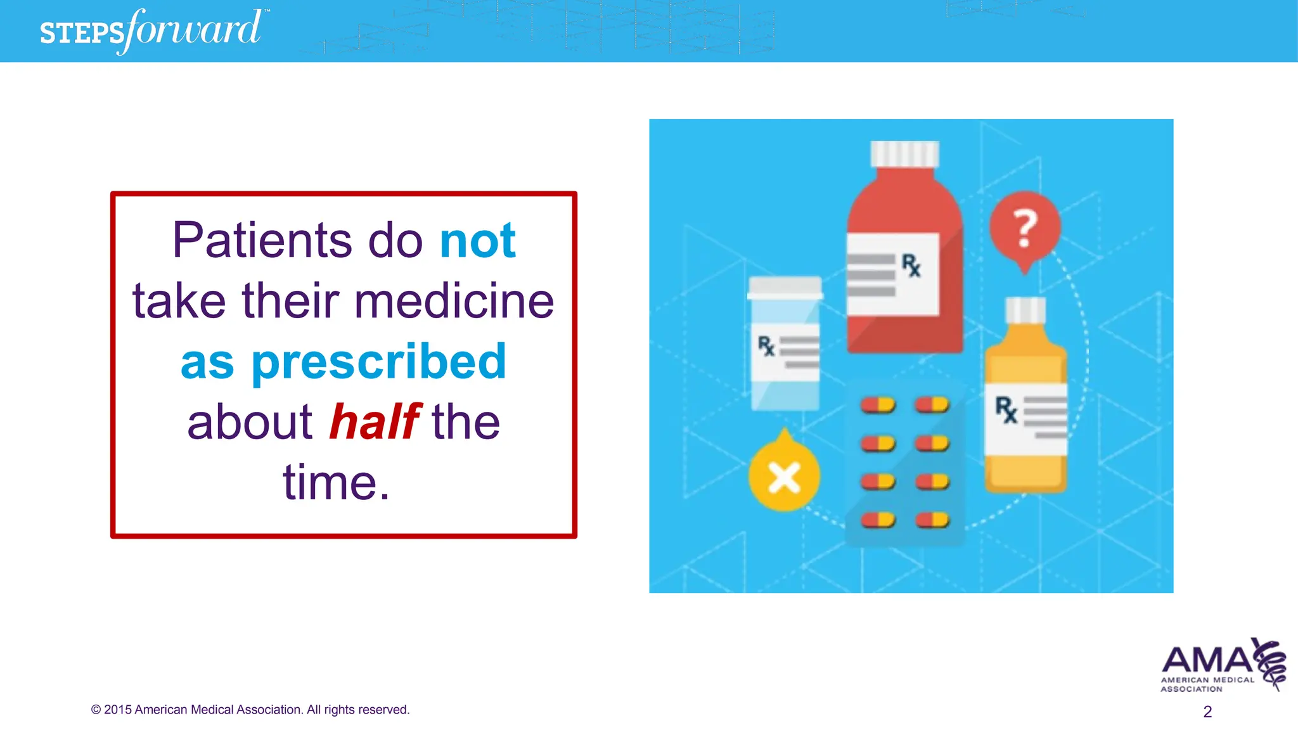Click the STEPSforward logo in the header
coord(151,30)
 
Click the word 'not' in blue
coord(478,241)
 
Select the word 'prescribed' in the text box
coord(379,362)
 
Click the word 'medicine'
coord(454,301)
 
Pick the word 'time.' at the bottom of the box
coord(336,483)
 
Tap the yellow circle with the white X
coord(784,477)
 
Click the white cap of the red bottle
coord(904,154)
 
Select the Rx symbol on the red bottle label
coord(911,265)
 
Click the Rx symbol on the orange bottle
coord(1006,409)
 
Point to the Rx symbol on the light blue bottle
coord(766,346)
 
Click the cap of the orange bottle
coord(1025,311)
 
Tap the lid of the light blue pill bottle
coord(785,287)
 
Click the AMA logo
coord(1223,665)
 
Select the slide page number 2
coord(1207,712)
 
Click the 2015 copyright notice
coord(250,710)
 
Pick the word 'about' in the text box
coord(250,422)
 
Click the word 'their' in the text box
coord(290,301)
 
